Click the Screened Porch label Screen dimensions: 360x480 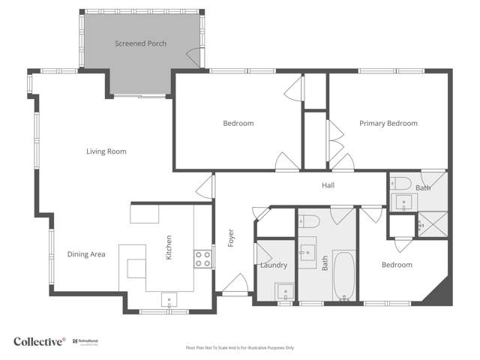[x=140, y=43]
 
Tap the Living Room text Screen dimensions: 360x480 [x=106, y=151]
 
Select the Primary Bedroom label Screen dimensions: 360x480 [x=388, y=123]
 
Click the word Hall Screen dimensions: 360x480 [x=328, y=185]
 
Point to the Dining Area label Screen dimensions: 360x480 [x=86, y=254]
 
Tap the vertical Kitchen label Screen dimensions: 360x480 [x=169, y=247]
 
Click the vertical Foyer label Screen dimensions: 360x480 [x=231, y=238]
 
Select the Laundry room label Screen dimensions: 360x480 [x=274, y=265]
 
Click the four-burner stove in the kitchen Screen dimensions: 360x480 [x=202, y=259]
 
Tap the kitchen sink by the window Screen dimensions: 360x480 [x=169, y=299]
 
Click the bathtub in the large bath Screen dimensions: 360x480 [x=343, y=277]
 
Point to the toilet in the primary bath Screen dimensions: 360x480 [x=400, y=182]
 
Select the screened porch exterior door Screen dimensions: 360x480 [x=193, y=57]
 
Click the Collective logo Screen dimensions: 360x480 [x=39, y=341]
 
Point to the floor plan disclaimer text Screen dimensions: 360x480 [x=240, y=348]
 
